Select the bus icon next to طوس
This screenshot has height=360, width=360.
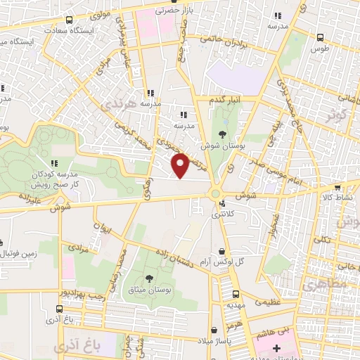[x=320, y=37]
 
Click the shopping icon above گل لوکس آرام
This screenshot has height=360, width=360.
[x=222, y=251]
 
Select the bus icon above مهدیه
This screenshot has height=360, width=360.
[x=236, y=294]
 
